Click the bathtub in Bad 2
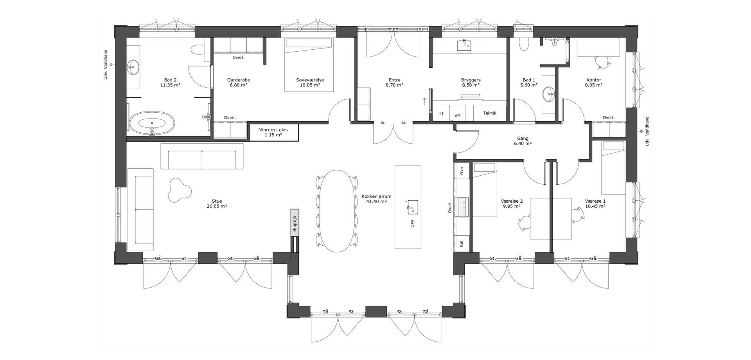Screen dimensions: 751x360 pos(152,123)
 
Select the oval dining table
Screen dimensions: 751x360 pos(336,211)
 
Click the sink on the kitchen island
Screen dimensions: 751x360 pos(413,207)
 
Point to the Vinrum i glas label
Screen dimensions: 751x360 pos(273,132)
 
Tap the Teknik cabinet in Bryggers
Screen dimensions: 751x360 pos(490,113)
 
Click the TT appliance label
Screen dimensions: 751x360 pos(441,113)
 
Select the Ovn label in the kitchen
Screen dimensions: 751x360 pos(462,171)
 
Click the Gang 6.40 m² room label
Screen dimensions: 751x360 pos(523,141)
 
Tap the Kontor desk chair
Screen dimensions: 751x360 pos(602,61)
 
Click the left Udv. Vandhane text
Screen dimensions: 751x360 pos(106,65)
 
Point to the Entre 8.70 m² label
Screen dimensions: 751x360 pos(394,82)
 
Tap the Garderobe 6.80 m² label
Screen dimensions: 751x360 pos(239,82)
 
